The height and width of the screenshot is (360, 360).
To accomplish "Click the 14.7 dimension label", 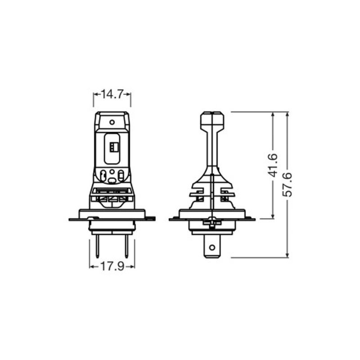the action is click(x=112, y=94).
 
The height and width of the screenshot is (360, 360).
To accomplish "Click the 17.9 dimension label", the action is click(x=112, y=266).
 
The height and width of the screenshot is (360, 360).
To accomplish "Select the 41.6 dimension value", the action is click(x=273, y=165).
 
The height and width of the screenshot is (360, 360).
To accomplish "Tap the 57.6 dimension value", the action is click(x=287, y=184).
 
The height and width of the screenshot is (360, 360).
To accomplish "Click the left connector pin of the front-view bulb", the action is click(x=97, y=246).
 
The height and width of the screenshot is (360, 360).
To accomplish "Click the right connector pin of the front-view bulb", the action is click(x=126, y=246).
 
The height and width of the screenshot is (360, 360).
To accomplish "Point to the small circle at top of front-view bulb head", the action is click(x=112, y=122).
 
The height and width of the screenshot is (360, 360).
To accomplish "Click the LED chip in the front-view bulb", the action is click(x=112, y=147).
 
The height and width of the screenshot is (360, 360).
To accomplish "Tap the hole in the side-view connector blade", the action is click(x=212, y=247).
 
